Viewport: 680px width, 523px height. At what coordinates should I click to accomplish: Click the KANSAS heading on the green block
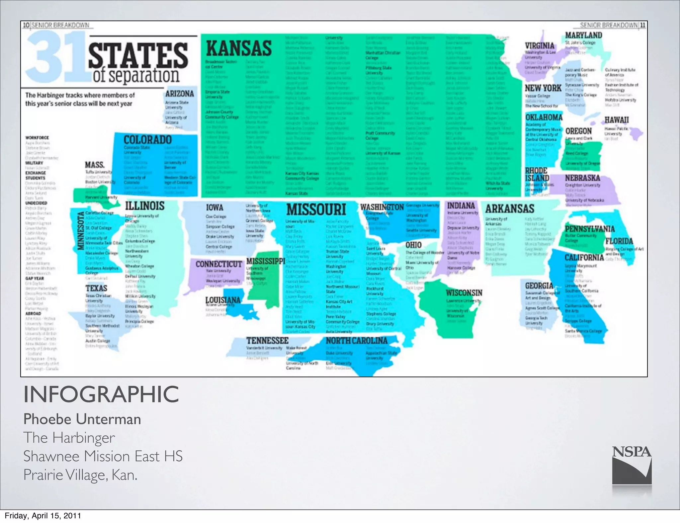(239, 49)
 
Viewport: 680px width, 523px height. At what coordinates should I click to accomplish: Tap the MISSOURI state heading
(316, 210)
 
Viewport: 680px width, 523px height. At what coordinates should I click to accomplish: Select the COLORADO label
(147, 140)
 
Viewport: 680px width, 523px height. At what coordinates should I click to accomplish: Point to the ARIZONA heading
(180, 94)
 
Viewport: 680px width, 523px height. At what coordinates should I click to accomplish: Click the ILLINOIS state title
(144, 206)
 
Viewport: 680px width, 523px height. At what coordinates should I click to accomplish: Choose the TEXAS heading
(96, 288)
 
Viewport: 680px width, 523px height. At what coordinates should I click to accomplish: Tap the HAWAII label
(616, 120)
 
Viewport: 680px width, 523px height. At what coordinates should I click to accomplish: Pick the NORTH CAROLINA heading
(357, 341)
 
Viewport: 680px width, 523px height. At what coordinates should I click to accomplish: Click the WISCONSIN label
(464, 293)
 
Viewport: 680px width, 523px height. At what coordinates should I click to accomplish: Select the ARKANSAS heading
(510, 209)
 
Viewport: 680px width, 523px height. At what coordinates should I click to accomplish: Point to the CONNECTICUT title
(218, 264)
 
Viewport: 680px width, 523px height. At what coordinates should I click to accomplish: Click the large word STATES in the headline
(138, 55)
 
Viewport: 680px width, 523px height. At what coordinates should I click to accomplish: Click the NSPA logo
(632, 468)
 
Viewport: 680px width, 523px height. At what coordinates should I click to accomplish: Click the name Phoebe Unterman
(82, 419)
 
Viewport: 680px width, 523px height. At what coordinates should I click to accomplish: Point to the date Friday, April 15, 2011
(43, 516)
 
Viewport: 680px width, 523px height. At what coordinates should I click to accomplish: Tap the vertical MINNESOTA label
(81, 230)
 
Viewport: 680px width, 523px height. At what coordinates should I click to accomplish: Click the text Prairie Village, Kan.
(80, 475)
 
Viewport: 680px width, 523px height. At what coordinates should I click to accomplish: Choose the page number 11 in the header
(643, 25)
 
